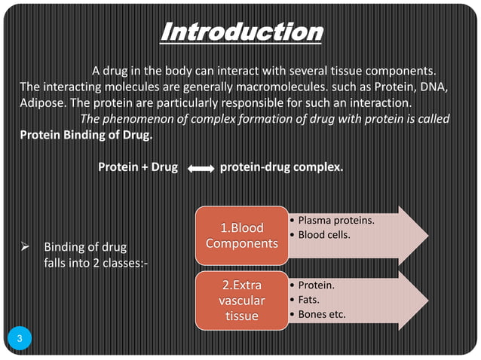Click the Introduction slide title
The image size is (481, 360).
[x=243, y=33]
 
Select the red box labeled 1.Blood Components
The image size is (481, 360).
[x=242, y=236]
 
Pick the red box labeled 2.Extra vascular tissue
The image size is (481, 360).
[x=242, y=301]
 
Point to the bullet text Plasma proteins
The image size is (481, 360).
[x=336, y=221]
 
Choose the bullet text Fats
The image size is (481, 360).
[x=311, y=300]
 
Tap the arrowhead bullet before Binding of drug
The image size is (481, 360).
[x=26, y=246]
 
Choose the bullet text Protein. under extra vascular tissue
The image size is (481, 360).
[x=317, y=286]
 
